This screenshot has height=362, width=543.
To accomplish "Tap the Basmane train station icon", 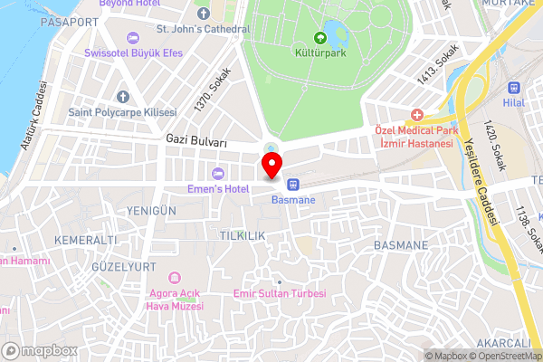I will [x=293, y=184].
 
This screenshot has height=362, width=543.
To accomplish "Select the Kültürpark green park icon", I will [x=319, y=38].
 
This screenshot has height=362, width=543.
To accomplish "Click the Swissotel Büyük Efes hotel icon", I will [x=134, y=37].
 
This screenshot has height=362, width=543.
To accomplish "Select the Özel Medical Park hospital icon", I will [x=416, y=115].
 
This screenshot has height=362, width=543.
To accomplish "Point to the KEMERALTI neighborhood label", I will [x=86, y=240].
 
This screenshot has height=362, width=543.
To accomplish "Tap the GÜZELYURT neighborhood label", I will [x=117, y=268].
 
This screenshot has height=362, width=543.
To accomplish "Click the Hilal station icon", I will [x=514, y=89].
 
